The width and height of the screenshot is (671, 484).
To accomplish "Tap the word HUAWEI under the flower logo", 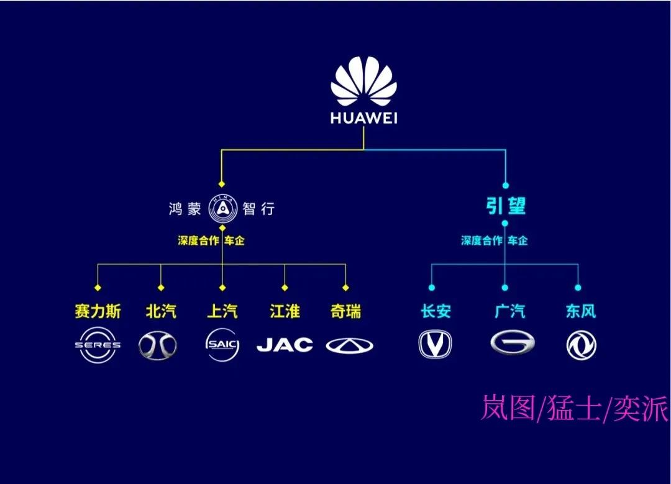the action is (x=363, y=118).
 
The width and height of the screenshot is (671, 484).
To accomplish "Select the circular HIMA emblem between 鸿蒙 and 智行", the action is (x=222, y=209).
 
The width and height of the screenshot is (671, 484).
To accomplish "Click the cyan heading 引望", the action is (x=505, y=206).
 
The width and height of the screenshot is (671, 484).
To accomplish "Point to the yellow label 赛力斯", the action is (x=98, y=311).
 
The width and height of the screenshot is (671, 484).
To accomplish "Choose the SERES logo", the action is (x=98, y=345).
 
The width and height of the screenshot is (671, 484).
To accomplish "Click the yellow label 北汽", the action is (x=161, y=311).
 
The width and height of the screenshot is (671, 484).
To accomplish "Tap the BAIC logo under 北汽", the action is (x=157, y=345).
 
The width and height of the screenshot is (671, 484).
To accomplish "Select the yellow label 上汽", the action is (x=222, y=311).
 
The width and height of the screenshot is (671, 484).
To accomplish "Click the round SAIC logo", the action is (x=222, y=345).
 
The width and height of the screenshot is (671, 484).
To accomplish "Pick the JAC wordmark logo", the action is (x=285, y=345).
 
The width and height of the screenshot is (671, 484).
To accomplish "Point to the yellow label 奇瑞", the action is (x=346, y=311).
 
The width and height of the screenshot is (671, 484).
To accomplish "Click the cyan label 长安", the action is (x=436, y=311).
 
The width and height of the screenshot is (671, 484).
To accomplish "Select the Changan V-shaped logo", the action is (x=435, y=344).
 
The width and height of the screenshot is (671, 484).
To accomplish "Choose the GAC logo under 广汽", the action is (x=512, y=343).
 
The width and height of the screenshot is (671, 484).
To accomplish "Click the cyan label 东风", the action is (x=581, y=311).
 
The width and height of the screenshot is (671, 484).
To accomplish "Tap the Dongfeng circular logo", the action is (x=581, y=345).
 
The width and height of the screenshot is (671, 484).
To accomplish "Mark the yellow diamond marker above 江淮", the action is (x=285, y=288).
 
